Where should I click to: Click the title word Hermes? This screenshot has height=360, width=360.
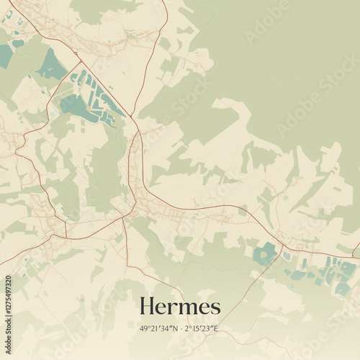tap(180, 306)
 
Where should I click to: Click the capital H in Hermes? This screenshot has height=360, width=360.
tap(148, 306)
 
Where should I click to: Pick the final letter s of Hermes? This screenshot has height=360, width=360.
tap(215, 308)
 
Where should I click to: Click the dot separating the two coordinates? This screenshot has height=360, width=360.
tap(180, 328)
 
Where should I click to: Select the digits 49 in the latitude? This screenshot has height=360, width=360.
tap(145, 328)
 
